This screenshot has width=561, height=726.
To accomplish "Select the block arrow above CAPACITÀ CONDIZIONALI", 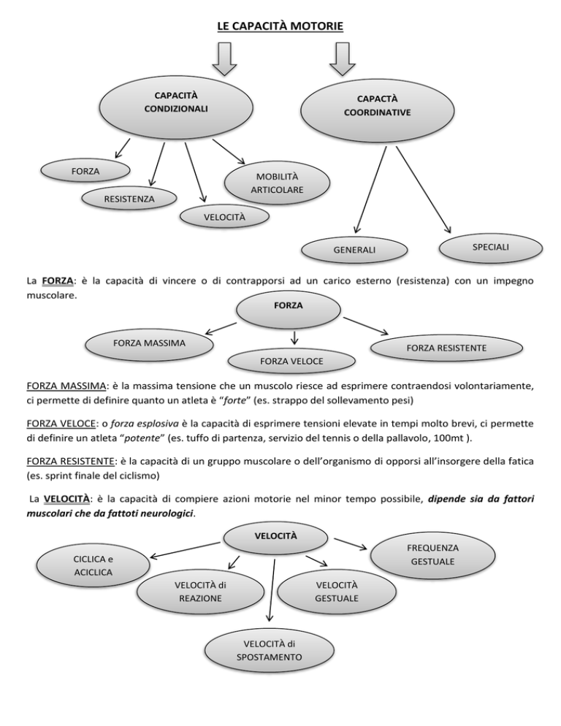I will (226, 58).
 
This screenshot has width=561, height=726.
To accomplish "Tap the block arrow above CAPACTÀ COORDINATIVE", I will (341, 58).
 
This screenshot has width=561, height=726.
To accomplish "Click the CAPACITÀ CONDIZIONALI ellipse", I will (175, 103).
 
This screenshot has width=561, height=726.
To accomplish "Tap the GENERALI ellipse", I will (354, 250).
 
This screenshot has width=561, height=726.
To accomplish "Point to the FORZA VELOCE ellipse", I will (292, 361).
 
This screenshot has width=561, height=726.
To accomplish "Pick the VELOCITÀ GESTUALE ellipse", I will (336, 592).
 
